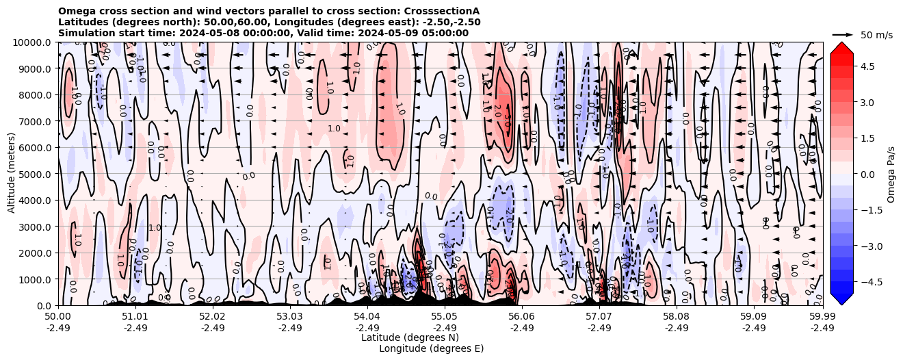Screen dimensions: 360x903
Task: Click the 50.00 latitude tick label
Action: tap(58, 316)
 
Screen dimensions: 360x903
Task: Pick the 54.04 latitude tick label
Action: tap(367, 316)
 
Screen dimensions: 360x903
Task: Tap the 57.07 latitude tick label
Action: tap(599, 316)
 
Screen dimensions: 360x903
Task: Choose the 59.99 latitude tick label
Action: tap(822, 316)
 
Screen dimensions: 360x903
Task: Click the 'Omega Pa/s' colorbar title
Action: tap(891, 174)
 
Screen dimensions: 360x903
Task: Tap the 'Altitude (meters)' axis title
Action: tap(12, 174)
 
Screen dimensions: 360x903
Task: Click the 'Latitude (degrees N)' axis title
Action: tap(410, 337)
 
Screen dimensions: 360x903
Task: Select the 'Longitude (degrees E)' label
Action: tap(431, 348)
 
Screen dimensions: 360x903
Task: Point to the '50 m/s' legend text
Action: tap(876, 35)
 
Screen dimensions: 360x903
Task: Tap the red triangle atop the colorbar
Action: tap(841, 47)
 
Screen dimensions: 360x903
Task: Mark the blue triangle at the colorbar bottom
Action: tap(841, 298)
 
